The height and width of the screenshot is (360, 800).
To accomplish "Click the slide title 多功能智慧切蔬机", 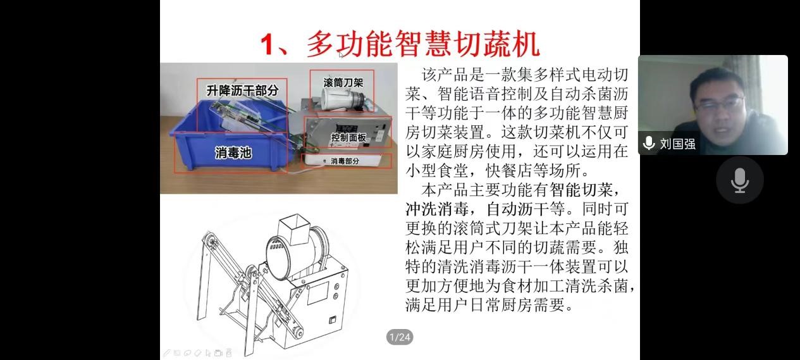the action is click(423, 44).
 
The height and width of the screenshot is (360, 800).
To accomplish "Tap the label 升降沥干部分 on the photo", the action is click(242, 90).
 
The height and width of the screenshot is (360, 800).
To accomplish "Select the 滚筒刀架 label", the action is click(343, 83).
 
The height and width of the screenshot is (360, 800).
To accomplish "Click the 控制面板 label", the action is click(348, 137).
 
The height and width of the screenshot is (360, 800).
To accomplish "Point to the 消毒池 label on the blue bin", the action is click(233, 153).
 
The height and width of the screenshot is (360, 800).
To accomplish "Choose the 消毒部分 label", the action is click(345, 161).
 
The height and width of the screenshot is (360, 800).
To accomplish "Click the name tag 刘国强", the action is click(677, 144).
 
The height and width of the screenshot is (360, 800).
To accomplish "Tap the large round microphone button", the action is click(740, 180).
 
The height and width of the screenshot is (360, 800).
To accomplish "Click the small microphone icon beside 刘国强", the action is click(649, 143).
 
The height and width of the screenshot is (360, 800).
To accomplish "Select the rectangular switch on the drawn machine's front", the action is click(333, 320).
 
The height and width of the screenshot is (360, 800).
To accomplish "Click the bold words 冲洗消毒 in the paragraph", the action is click(437, 209).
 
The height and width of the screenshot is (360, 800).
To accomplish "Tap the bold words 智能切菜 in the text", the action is click(581, 190).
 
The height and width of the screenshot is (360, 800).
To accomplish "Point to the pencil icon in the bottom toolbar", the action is click(167, 353).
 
